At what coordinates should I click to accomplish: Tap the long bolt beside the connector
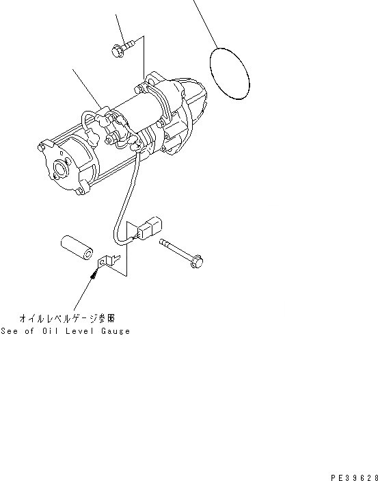click(181, 253)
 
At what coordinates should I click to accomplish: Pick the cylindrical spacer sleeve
click(77, 247)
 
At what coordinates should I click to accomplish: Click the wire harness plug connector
click(149, 229)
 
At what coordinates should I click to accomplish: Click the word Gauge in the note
click(116, 331)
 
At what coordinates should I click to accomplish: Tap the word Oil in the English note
click(50, 331)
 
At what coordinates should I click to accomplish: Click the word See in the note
click(9, 331)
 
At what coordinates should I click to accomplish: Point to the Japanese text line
click(67, 318)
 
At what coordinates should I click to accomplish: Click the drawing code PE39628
click(354, 478)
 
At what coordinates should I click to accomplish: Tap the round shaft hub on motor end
click(59, 168)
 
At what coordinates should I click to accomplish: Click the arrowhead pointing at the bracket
click(94, 273)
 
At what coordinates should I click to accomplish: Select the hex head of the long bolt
click(196, 261)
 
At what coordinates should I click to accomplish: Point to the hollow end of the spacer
click(88, 254)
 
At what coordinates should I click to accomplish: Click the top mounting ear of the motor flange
click(152, 78)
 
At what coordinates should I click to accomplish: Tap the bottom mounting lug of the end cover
click(81, 190)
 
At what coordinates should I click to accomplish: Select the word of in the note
click(29, 331)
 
